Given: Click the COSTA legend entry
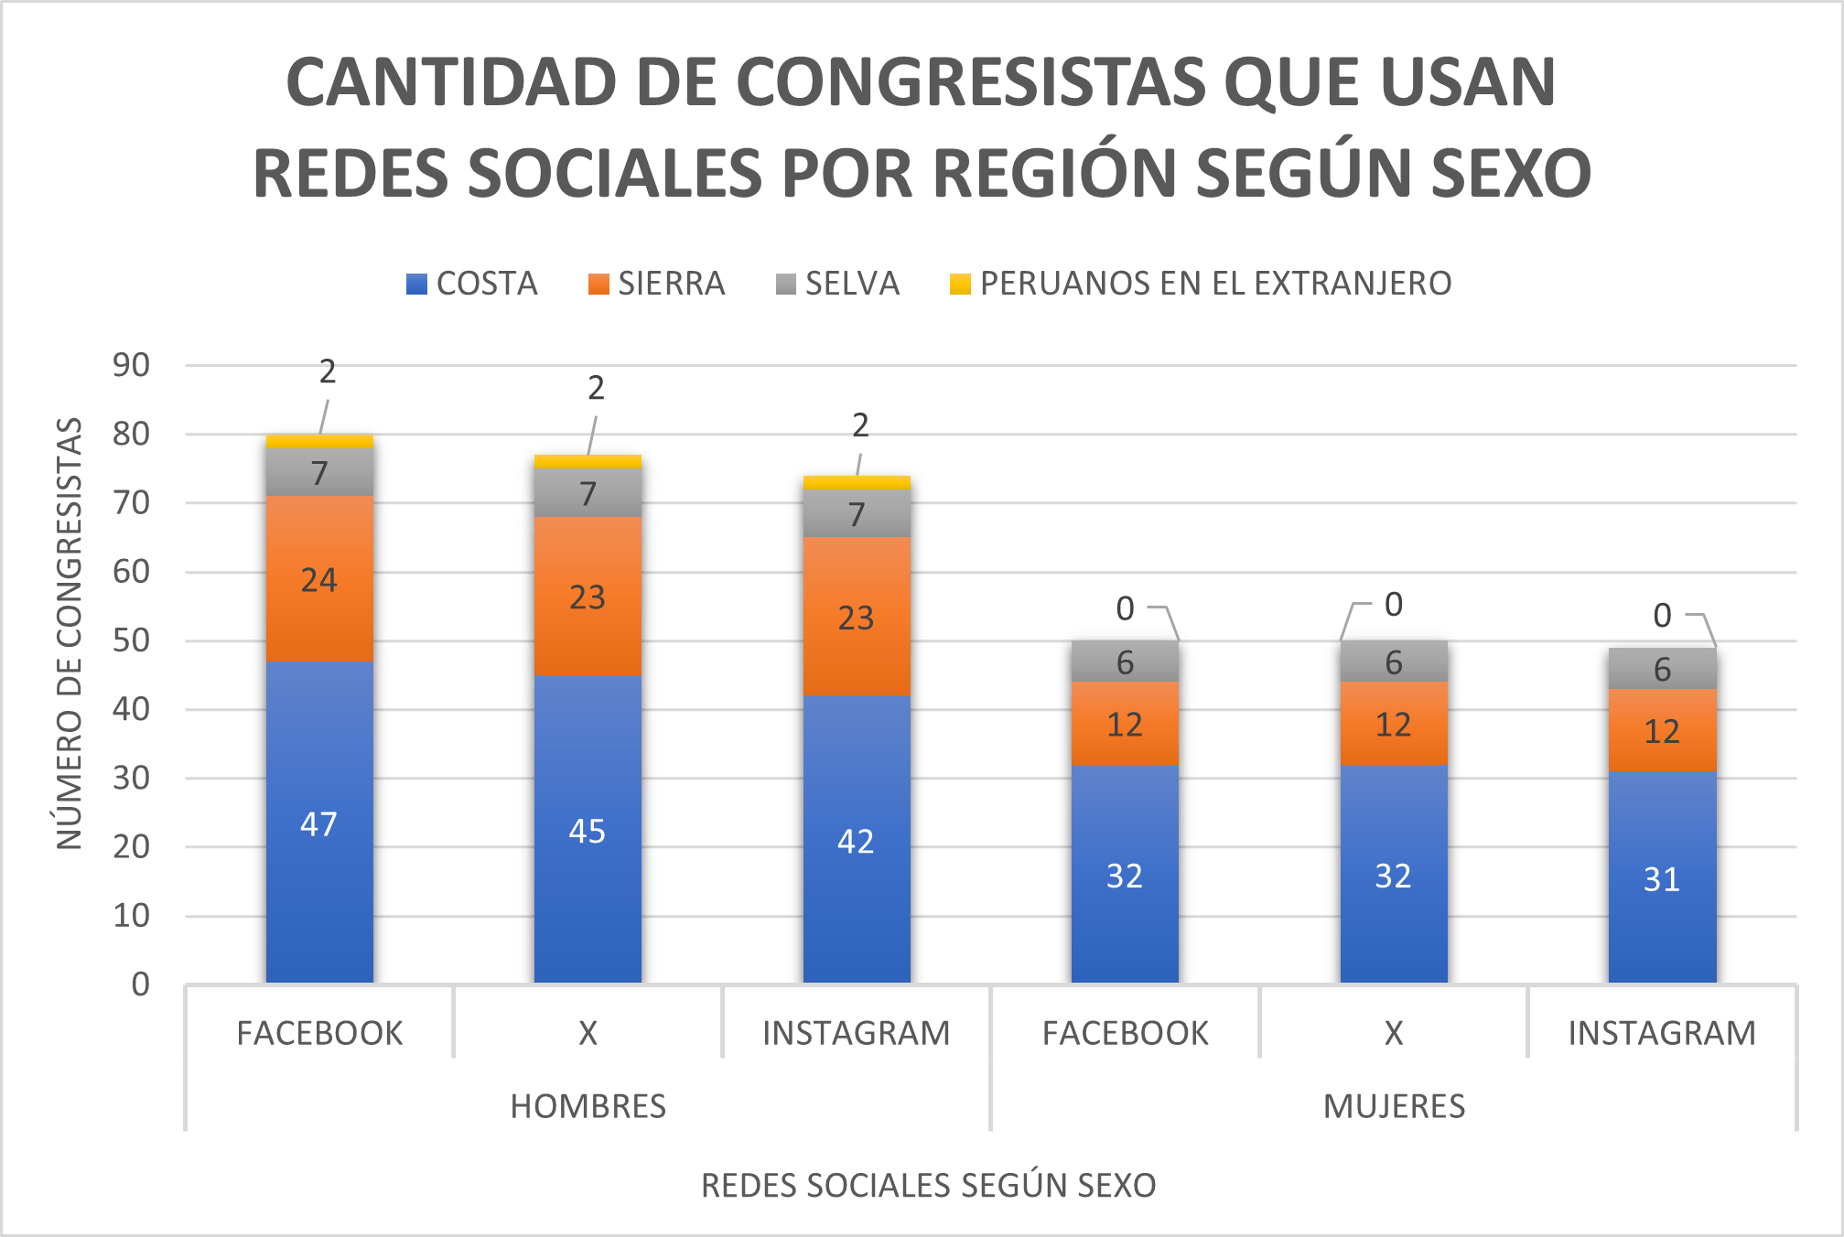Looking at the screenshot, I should coord(472,284).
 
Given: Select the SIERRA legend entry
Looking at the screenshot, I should coord(657,284).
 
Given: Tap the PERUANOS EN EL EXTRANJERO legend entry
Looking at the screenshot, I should coord(1201,284).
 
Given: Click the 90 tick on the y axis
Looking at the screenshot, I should coord(131,365).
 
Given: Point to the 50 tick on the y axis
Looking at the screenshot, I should coord(131,640).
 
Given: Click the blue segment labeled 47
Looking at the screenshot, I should coord(319,823).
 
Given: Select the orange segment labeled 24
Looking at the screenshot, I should coord(319,579).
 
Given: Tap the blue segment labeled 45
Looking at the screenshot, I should coord(588,830).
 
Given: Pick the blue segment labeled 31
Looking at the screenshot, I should coord(1662,878).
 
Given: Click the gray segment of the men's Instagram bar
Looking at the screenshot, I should coord(857,514).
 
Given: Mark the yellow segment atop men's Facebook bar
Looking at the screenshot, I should coord(319,441).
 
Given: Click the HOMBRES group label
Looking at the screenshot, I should coord(588,1106).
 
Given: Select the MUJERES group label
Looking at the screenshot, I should coord(1394,1106).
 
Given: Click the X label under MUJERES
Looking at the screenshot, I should coord(1394,1033).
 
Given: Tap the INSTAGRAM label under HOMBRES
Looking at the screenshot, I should coord(857,1033).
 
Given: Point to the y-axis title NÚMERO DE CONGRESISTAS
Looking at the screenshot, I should coord(70,633).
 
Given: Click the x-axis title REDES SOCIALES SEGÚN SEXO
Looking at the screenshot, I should coord(928,1185).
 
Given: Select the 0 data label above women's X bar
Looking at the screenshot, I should coord(1394,605).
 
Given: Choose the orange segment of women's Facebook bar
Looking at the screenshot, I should coord(1125,724).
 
